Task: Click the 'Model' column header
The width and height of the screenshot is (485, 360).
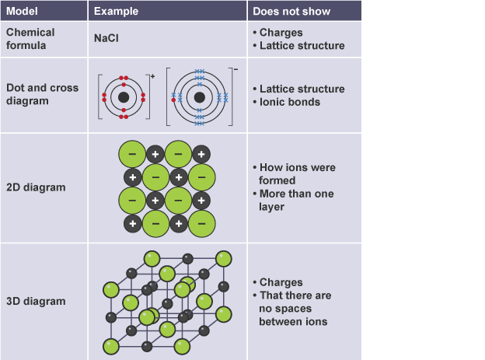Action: click(x=22, y=11)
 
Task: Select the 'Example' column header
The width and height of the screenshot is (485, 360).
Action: click(x=116, y=11)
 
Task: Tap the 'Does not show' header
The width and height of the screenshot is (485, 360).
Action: click(x=291, y=12)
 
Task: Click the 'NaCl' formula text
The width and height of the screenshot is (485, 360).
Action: click(x=106, y=38)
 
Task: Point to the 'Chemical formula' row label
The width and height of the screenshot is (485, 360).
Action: click(x=30, y=39)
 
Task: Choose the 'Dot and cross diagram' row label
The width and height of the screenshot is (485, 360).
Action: click(x=43, y=94)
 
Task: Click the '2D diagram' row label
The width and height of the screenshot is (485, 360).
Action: click(x=36, y=187)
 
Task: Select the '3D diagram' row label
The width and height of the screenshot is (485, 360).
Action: click(x=36, y=301)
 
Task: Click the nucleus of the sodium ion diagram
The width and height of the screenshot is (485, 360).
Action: click(x=124, y=97)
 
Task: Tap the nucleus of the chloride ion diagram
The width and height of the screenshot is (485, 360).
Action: click(x=200, y=97)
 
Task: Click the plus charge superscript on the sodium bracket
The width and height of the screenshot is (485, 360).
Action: click(x=152, y=76)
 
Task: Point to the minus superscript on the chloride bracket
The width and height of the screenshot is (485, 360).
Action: click(x=236, y=70)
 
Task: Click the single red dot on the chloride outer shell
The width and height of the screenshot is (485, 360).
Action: click(x=173, y=100)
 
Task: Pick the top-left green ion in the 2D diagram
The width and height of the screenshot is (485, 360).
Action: click(x=132, y=154)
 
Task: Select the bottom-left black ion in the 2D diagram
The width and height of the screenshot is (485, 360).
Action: click(x=133, y=223)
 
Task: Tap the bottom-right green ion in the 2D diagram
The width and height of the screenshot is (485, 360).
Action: click(x=201, y=224)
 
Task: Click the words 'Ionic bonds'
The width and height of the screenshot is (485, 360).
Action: click(x=290, y=102)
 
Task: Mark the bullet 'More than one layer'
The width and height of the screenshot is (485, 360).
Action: click(x=294, y=200)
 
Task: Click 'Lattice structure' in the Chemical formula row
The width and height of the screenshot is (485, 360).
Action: click(x=302, y=46)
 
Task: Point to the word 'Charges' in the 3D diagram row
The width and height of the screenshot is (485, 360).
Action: click(x=281, y=282)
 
